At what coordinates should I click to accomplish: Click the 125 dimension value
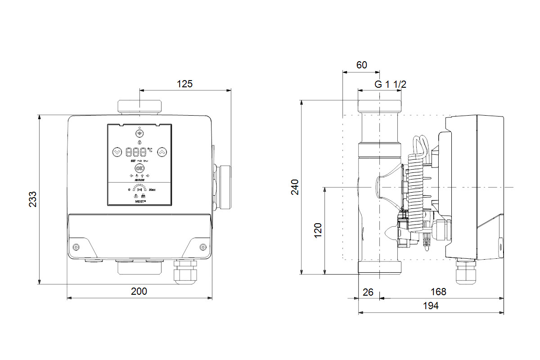coord(184,83)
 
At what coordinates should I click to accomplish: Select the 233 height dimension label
coord(33,199)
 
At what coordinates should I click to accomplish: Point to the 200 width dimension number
coord(139,292)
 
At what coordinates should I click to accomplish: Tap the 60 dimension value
coord(361,65)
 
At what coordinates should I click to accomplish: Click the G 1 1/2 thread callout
coord(391,84)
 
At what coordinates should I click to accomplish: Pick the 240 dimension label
coord(295,187)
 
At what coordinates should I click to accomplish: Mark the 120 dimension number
coord(318,230)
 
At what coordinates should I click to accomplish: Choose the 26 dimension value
coord(368,292)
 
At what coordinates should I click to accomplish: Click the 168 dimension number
coord(438,292)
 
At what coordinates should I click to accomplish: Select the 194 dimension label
coord(431,306)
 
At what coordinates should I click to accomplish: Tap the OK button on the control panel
coord(139,168)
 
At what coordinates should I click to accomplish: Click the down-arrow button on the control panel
coord(117,152)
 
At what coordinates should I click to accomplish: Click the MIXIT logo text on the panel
coord(140,202)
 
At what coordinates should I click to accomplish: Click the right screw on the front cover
coord(203,247)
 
